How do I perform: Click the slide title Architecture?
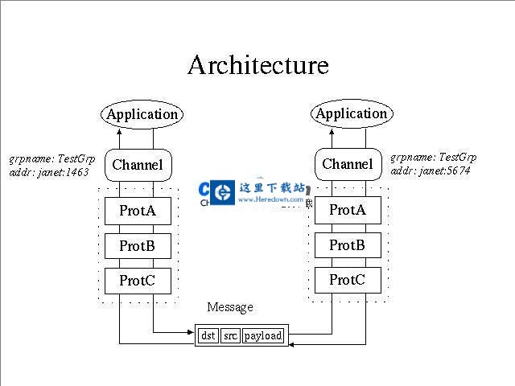tap(258, 64)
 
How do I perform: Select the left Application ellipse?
tap(142, 114)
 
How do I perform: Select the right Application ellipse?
tap(351, 113)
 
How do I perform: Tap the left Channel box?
tap(138, 165)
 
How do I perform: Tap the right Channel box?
tap(348, 164)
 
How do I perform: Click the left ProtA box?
tap(138, 211)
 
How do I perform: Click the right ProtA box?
tap(347, 210)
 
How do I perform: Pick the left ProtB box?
tap(138, 245)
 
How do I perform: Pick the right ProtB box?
tap(347, 244)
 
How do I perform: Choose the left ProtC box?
tap(138, 281)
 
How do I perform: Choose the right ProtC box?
tap(347, 280)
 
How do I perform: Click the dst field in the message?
tap(208, 335)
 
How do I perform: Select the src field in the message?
tap(230, 335)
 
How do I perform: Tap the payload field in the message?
tap(263, 335)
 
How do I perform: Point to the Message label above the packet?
tap(230, 307)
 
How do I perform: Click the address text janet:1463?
tap(61, 171)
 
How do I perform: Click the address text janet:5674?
tap(443, 170)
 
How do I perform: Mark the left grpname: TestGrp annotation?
tap(52, 158)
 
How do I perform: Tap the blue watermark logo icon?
tap(216, 192)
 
